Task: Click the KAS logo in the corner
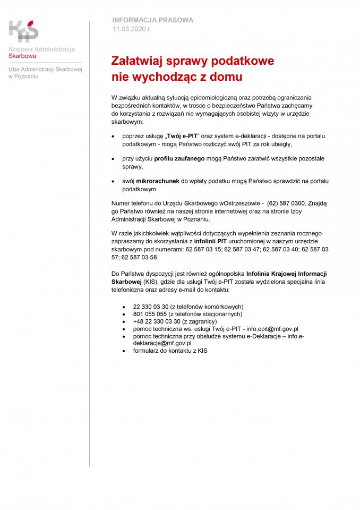coord(23,31)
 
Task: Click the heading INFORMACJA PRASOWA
coord(152,20)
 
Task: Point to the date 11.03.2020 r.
coord(132,29)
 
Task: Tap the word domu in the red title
coord(226,77)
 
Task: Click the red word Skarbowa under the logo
coord(22,55)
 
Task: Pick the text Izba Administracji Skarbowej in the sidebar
coord(45,70)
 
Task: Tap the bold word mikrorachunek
coord(158,181)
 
